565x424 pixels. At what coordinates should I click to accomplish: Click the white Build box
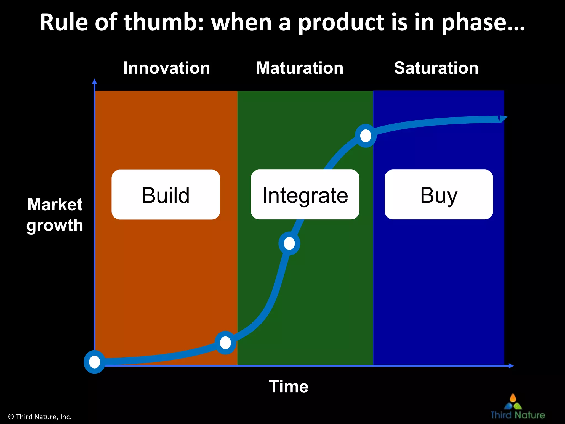click(x=166, y=195)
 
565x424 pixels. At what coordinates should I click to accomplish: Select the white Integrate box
click(x=305, y=195)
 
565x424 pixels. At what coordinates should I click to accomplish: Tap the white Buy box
click(x=439, y=195)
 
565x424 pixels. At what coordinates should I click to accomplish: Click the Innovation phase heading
click(x=166, y=68)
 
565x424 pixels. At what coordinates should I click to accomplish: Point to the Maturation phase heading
click(x=300, y=68)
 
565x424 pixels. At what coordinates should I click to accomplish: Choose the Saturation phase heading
click(x=436, y=68)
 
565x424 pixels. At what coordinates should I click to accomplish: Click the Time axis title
click(x=289, y=386)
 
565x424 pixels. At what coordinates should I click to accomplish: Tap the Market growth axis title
click(x=55, y=215)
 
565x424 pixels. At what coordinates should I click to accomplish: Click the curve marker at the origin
click(x=95, y=362)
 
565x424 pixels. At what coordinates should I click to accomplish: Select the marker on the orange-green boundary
click(x=225, y=343)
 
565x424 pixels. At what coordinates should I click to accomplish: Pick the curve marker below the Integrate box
click(x=289, y=243)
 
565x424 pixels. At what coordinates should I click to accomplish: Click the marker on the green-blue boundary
click(x=366, y=136)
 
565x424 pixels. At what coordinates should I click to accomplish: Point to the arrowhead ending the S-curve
click(x=503, y=119)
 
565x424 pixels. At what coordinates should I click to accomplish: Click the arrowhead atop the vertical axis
click(x=95, y=81)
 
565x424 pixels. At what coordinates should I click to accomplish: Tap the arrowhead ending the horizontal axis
click(x=511, y=366)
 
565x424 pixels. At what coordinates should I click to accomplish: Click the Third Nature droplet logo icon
click(x=513, y=402)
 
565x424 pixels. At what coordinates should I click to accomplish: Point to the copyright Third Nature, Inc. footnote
click(x=40, y=417)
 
